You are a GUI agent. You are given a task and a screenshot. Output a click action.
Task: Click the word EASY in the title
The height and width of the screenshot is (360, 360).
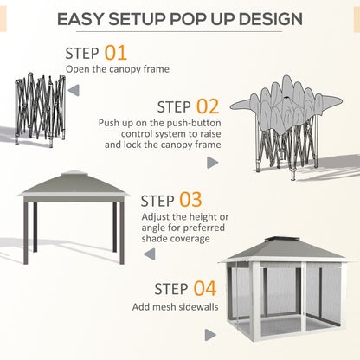point(90,18)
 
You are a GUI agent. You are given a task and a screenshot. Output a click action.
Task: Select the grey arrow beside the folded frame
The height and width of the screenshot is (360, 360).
point(73,89)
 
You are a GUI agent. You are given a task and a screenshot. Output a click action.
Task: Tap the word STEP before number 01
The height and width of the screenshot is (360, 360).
point(83,54)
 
